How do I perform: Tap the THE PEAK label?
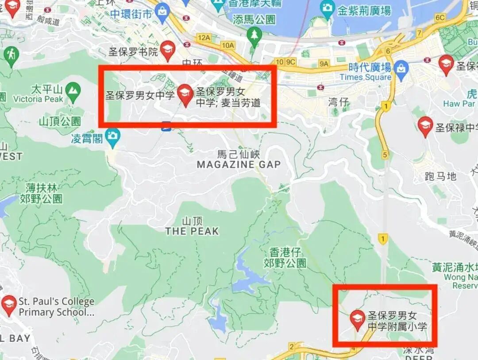[192, 231]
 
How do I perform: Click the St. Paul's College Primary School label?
[56, 307]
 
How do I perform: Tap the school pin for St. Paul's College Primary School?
[9, 305]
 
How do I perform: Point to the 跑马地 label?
[440, 177]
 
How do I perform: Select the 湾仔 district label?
[339, 103]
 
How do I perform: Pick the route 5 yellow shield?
[385, 155]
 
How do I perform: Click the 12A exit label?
[204, 38]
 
